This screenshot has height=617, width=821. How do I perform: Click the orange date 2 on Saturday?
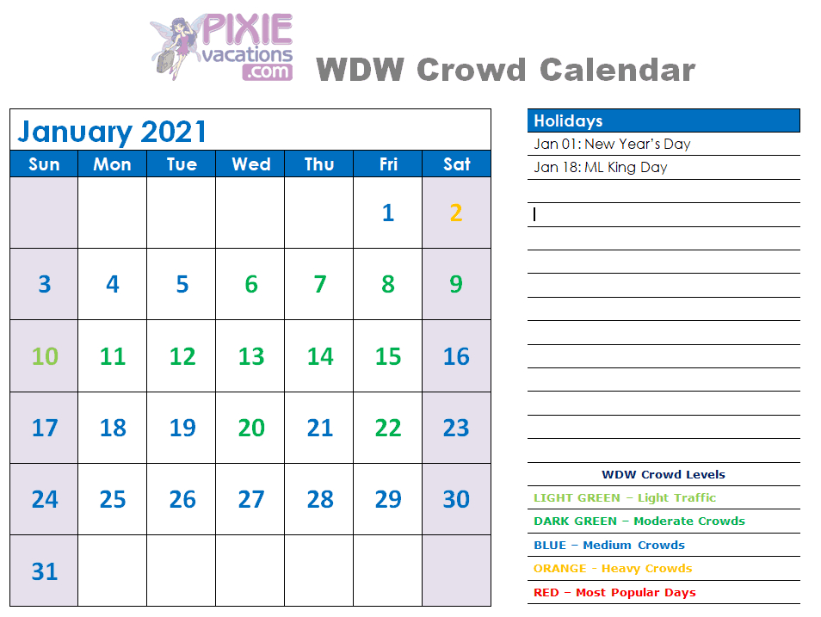pos(456,213)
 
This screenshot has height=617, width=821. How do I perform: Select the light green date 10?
pos(45,356)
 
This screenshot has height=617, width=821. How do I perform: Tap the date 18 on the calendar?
pos(113,428)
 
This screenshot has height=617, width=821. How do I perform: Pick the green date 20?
pos(251,428)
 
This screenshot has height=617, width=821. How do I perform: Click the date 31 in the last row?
pos(45,571)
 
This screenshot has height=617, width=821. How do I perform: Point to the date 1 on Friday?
pos(388,213)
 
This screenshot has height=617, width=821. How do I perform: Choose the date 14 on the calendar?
pos(320,356)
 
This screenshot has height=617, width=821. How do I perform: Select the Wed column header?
pos(251,164)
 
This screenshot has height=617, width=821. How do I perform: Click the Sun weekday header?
pos(44,164)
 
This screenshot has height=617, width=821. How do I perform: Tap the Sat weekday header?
pos(457,164)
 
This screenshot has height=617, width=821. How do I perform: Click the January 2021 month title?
pos(112,132)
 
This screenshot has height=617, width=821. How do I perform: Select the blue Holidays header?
pos(664,120)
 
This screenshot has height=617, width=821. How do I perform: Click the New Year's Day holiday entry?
pos(612,144)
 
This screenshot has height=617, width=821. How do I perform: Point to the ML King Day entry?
pos(600,167)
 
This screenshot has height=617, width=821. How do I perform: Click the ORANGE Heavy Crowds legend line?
pos(613,568)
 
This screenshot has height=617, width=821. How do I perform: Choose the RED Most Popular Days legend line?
pos(614,592)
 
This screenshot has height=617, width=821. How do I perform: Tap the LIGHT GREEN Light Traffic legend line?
pos(625,497)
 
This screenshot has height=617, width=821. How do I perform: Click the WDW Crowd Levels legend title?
pos(664,474)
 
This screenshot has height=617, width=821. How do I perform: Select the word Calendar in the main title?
pos(617,70)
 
